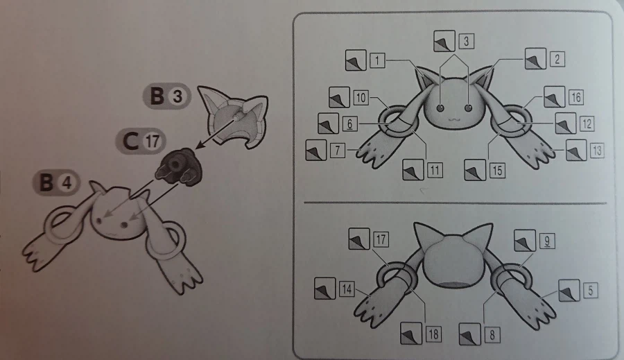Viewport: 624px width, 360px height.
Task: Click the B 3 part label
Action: [x=167, y=96]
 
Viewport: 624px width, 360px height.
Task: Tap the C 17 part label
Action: [x=141, y=141]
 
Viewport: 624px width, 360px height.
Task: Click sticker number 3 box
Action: [x=467, y=41]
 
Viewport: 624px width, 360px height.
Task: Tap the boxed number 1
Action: [x=377, y=60]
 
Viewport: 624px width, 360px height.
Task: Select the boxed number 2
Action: [x=557, y=60]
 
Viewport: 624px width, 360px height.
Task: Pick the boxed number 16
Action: [x=576, y=97]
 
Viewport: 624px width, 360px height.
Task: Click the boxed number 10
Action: [x=361, y=98]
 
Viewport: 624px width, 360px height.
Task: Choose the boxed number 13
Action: [x=597, y=151]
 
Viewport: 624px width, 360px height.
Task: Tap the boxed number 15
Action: [x=497, y=171]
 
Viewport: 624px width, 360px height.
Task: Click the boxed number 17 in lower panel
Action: [x=381, y=239]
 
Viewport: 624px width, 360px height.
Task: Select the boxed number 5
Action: [x=591, y=291]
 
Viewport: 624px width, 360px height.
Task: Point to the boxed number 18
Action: [x=433, y=334]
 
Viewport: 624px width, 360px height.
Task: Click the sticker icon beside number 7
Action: [x=316, y=150]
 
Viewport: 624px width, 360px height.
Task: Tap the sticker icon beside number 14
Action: [x=325, y=289]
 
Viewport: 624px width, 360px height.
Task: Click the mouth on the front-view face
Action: [x=453, y=119]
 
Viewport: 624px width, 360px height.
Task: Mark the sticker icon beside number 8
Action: [x=470, y=334]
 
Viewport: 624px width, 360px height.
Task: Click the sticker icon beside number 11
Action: [x=413, y=170]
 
